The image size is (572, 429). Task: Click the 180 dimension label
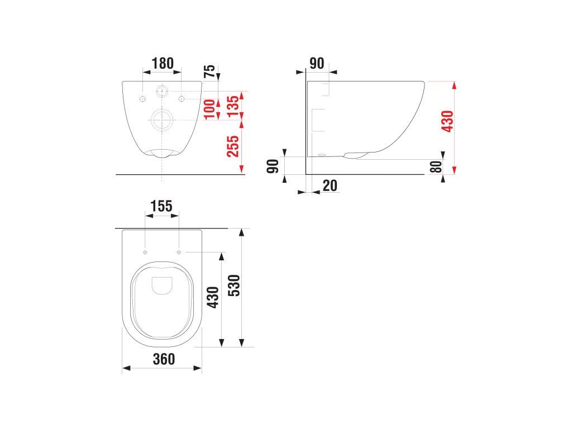tap(162, 63)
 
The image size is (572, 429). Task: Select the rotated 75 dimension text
tap(209, 71)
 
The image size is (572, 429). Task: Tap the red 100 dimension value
tap(209, 109)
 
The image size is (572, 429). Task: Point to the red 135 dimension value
tap(233, 104)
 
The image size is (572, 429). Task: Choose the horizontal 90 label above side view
tap(317, 63)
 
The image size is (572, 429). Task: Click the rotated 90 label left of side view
tap(273, 166)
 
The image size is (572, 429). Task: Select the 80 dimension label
tap(436, 166)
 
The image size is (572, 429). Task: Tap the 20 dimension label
tap(330, 185)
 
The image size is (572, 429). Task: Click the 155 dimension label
tap(162, 206)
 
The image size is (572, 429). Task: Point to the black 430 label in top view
tap(212, 298)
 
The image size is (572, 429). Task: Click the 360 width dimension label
tap(164, 359)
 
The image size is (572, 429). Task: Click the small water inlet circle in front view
tap(162, 90)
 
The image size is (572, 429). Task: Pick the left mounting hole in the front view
tap(142, 99)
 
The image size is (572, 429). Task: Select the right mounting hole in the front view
tap(182, 99)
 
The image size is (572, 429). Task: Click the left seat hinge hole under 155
tap(145, 252)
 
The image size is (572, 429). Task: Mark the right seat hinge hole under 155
tap(179, 252)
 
